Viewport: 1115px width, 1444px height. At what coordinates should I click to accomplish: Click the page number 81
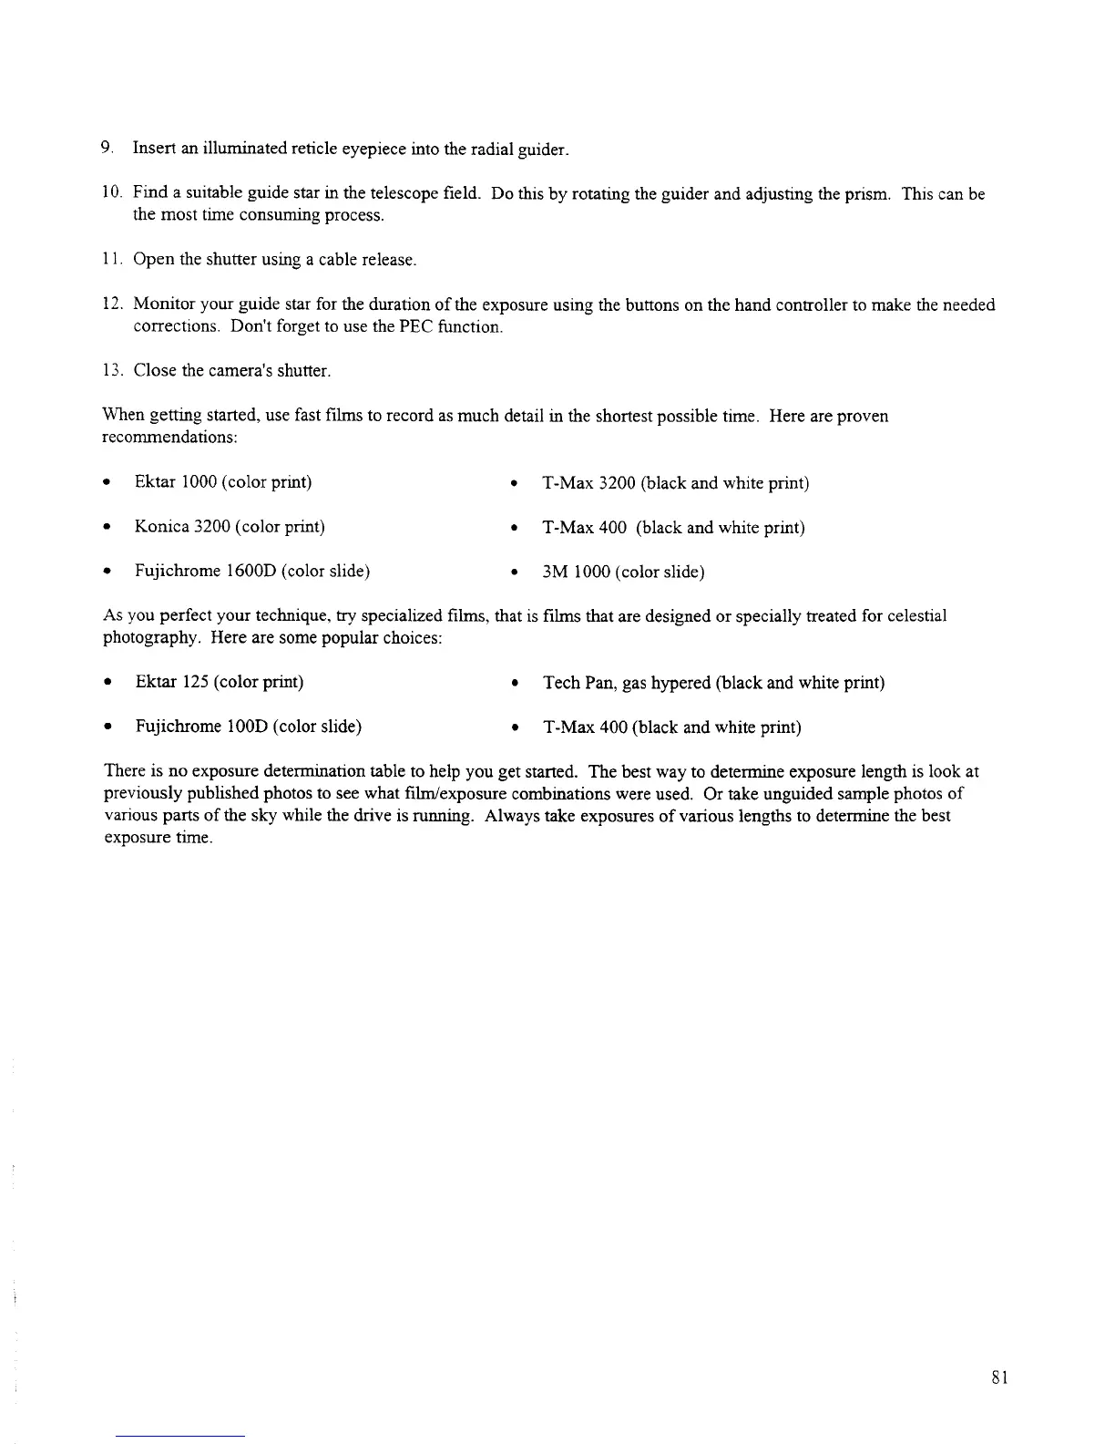tap(999, 1377)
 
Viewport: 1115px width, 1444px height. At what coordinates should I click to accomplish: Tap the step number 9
tap(107, 148)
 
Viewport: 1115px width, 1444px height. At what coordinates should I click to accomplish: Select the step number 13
tap(110, 371)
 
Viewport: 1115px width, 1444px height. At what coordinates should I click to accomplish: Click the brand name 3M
tap(556, 572)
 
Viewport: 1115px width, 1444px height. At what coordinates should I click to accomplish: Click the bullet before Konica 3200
tap(108, 528)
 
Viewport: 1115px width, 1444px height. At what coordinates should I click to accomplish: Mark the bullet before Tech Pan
tap(516, 684)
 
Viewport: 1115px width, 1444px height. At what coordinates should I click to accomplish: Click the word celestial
tap(917, 616)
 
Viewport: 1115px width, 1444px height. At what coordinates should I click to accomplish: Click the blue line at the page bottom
tap(180, 1437)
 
